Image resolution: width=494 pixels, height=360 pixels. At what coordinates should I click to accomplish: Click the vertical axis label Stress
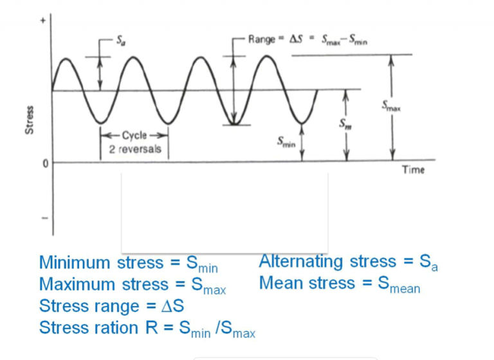coord(28,122)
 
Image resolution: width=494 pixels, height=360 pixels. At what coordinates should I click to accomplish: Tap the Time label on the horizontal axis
coord(413,170)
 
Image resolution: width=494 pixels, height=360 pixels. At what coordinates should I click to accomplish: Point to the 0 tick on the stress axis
coord(44,163)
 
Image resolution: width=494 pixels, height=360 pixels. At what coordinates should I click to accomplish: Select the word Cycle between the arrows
coord(134,136)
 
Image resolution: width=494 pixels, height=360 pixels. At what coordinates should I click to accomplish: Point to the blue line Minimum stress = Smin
coord(129,264)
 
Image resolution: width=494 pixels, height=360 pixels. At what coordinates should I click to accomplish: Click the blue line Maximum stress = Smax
coord(133,285)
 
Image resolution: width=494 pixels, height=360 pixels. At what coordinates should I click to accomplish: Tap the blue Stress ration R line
coord(147,328)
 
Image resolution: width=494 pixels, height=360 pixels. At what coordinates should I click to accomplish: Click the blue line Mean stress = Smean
coord(339,283)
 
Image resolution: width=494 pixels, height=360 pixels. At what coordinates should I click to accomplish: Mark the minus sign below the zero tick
coord(44,217)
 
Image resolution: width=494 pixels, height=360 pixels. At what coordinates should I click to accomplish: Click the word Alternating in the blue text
coord(300,262)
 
